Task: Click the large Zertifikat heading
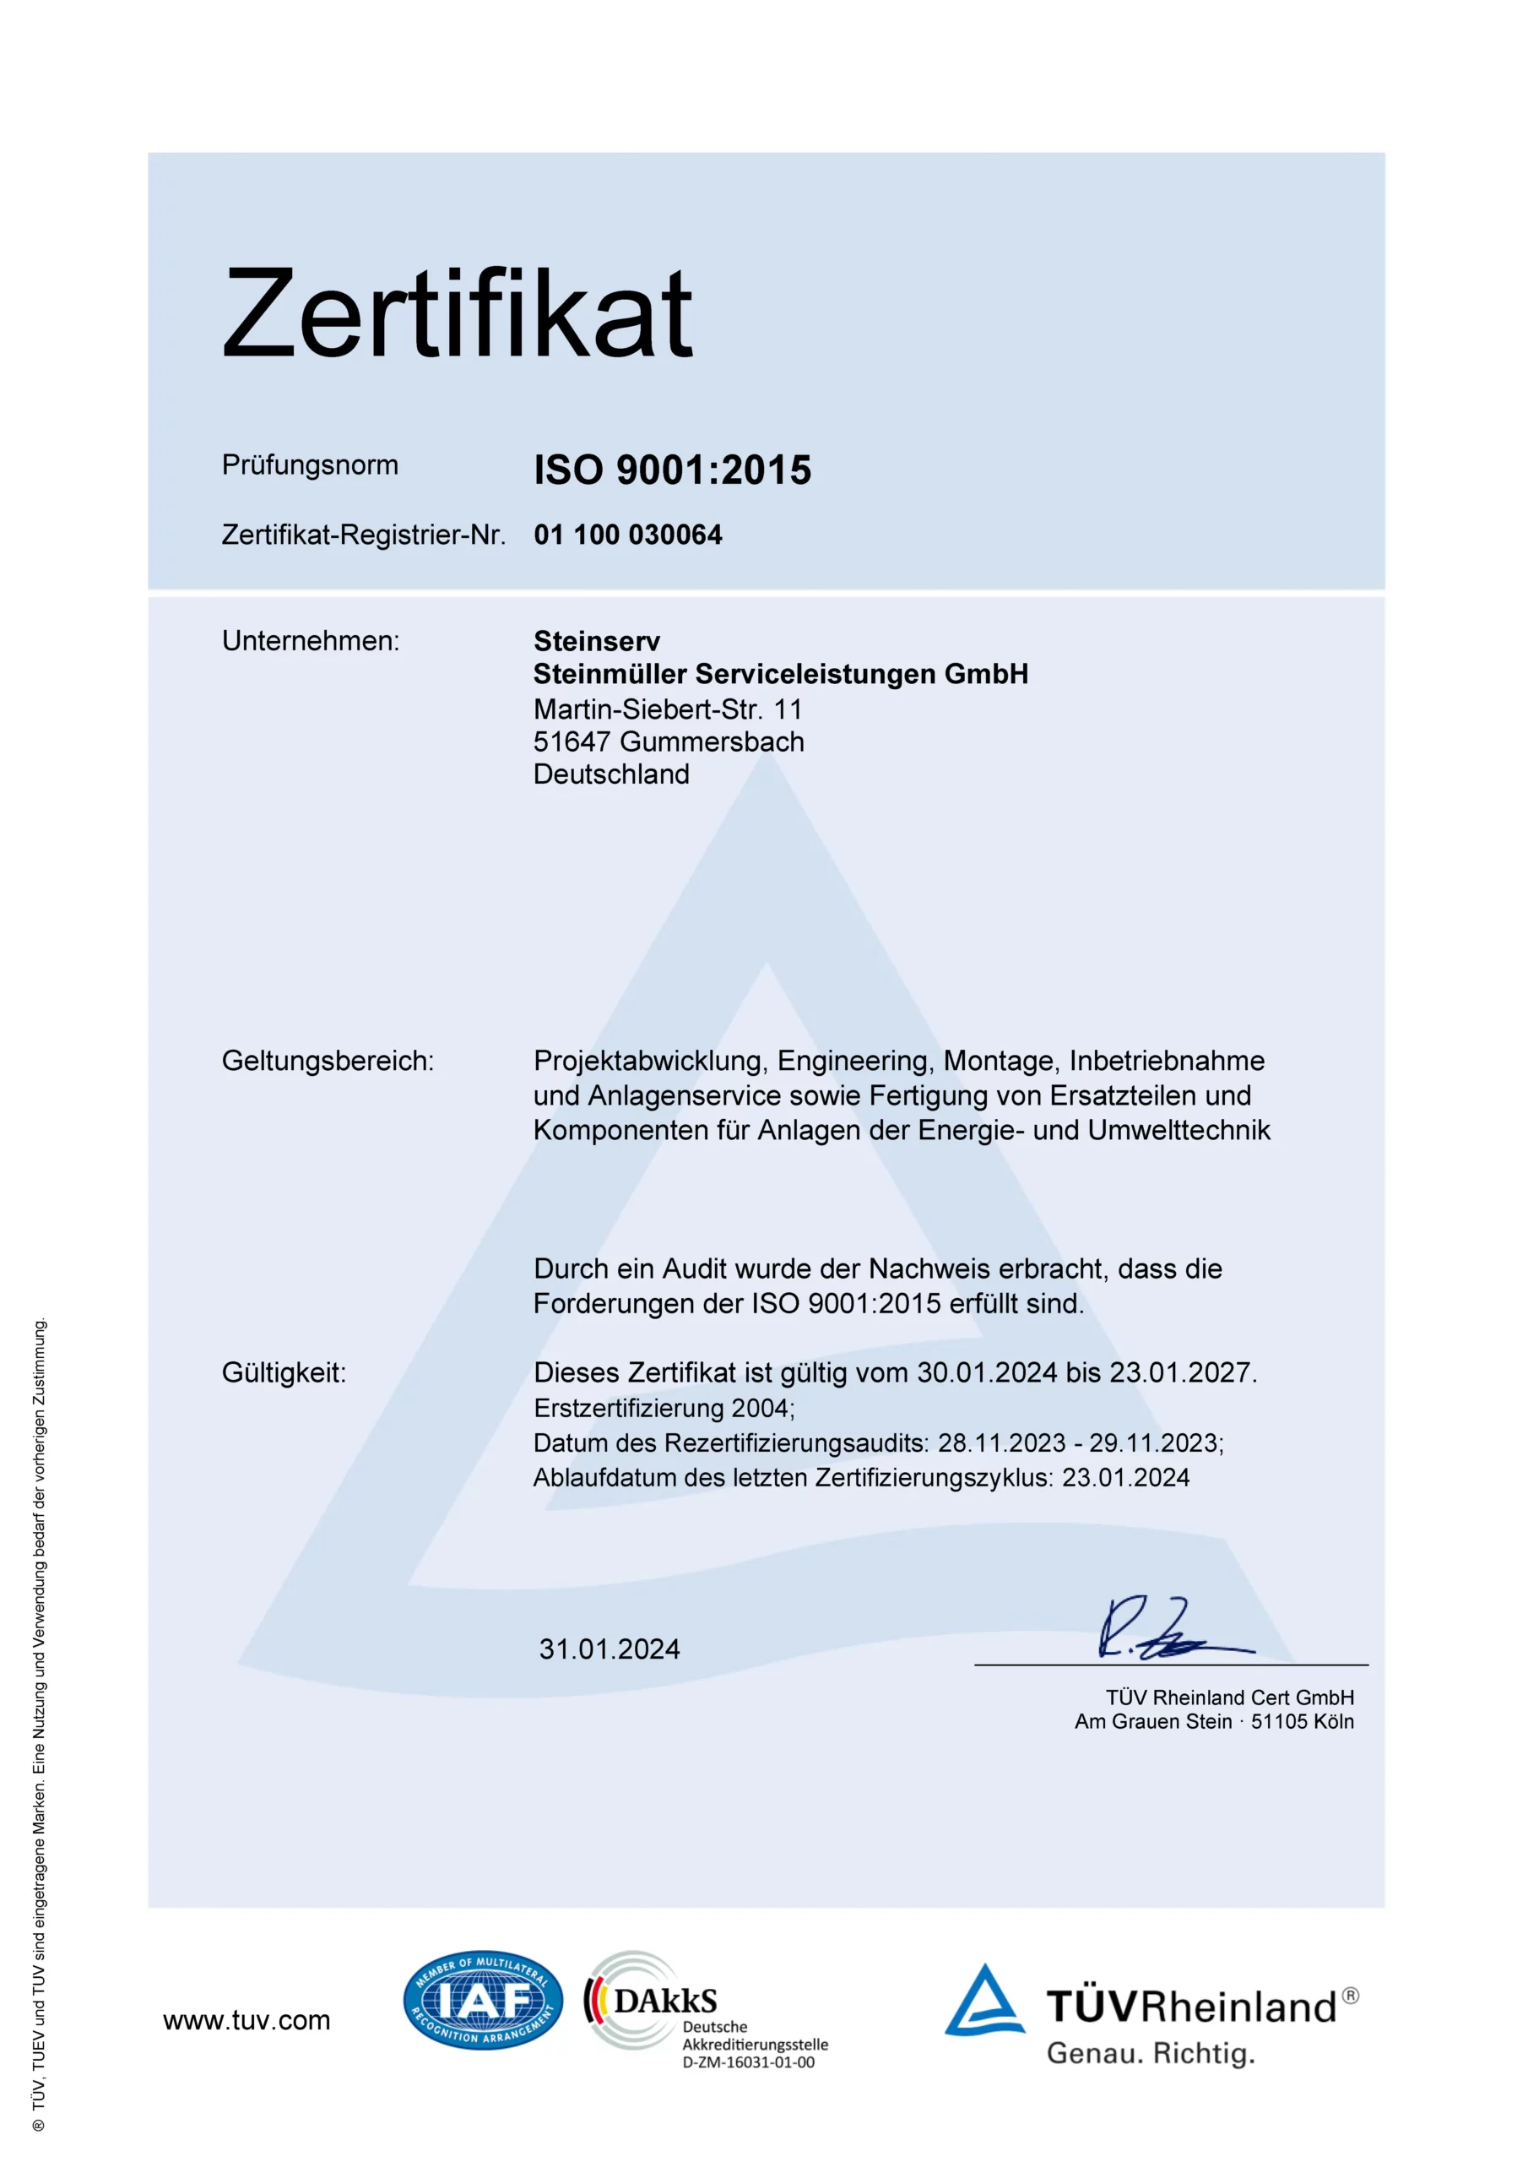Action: [x=458, y=313]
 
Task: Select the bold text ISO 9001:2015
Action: [x=672, y=470]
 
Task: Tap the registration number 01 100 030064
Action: [x=628, y=535]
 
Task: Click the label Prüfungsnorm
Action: [x=310, y=465]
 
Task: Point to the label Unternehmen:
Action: [x=311, y=641]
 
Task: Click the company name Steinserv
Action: [x=597, y=641]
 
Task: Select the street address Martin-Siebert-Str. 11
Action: [x=668, y=709]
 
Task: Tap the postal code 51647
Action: [x=572, y=742]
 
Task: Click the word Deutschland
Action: [x=611, y=774]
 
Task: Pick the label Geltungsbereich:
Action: [x=328, y=1062]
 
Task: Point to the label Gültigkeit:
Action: [x=284, y=1373]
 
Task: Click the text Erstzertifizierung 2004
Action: [x=664, y=1409]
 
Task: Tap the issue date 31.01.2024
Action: [x=610, y=1649]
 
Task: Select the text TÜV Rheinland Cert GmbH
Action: [x=1229, y=1698]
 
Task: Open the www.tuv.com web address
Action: [x=247, y=2021]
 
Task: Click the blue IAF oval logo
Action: [x=483, y=2000]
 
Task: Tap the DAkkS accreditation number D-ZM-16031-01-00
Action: [x=749, y=2063]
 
